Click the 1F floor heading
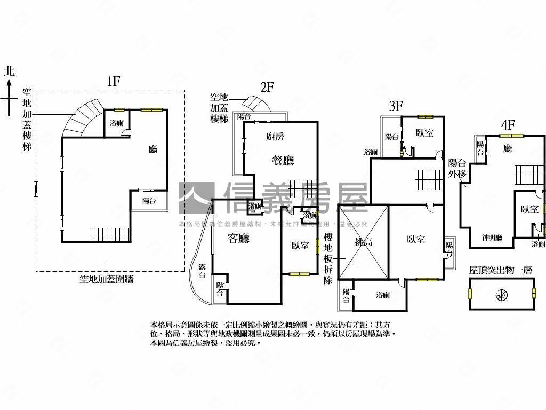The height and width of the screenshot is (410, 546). (x=113, y=81)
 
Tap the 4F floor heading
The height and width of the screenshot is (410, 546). (x=508, y=125)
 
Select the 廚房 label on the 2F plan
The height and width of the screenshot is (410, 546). (x=275, y=137)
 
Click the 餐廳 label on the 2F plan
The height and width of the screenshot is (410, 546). (x=283, y=160)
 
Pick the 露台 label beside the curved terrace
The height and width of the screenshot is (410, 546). (x=202, y=271)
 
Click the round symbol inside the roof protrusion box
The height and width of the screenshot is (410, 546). (x=501, y=294)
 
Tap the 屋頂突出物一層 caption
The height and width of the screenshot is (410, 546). (x=501, y=271)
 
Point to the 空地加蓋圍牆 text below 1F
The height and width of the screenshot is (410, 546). (x=106, y=279)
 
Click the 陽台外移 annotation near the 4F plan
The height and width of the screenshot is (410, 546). (x=457, y=168)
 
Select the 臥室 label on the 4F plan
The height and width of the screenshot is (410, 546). (x=529, y=210)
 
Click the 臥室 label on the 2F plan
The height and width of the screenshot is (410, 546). (x=300, y=246)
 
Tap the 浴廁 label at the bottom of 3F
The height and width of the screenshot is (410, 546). (x=382, y=295)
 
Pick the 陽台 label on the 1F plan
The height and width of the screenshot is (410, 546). (x=149, y=201)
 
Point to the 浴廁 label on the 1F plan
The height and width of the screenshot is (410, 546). (x=116, y=123)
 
